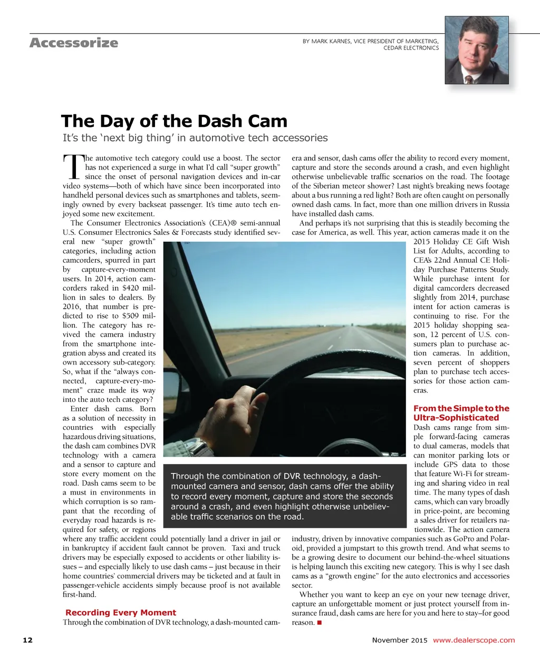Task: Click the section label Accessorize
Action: pos(74,43)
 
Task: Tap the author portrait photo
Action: pos(477,50)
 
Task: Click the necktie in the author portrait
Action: pos(468,79)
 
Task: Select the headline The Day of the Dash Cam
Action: pos(174,121)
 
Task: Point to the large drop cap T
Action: pos(73,166)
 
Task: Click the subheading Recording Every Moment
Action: pos(121,613)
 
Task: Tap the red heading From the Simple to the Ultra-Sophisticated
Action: pos(461,413)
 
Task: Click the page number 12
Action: pos(27,640)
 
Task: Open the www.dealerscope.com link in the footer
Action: pos(474,640)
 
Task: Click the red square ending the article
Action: pos(319,623)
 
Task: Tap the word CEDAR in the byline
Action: pos(394,48)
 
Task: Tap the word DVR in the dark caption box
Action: pos(292,476)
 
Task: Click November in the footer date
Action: pos(390,640)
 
